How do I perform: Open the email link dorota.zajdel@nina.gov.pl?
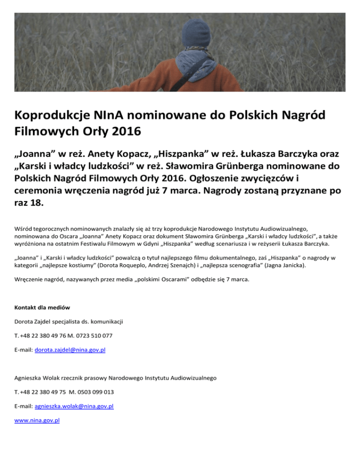click(x=70, y=350)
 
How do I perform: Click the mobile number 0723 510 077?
click(x=106, y=336)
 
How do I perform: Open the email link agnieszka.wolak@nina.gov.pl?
click(x=75, y=406)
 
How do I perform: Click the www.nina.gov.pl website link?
click(x=37, y=421)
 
